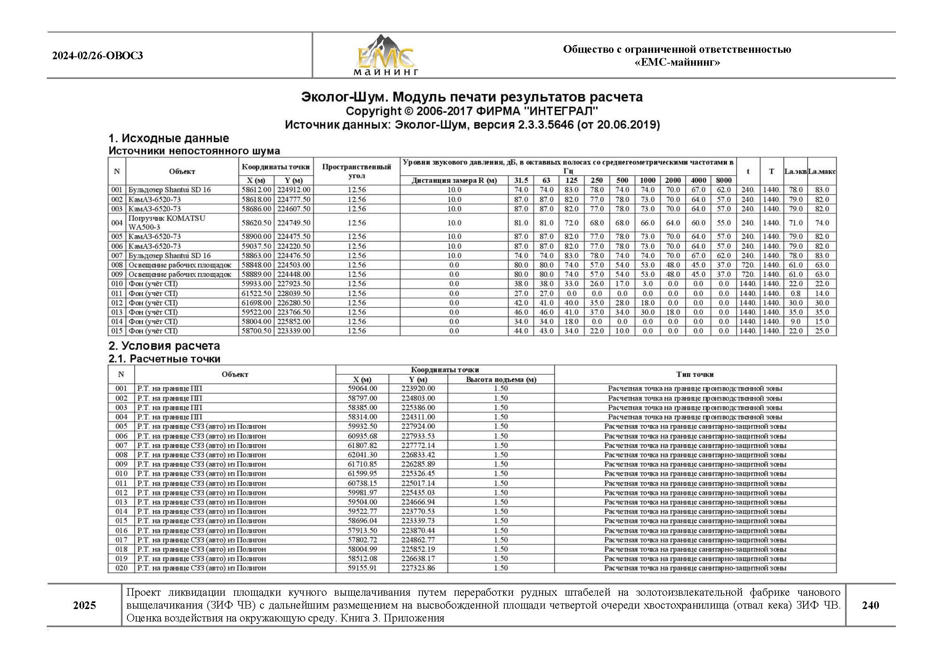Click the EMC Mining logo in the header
[385, 56]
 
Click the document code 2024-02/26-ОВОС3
[97, 56]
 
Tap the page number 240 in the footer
[870, 605]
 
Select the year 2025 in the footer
[84, 605]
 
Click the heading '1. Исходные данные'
[169, 138]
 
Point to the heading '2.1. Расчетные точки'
[164, 359]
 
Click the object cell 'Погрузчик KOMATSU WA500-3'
[167, 223]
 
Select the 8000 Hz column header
[723, 180]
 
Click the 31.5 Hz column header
[521, 180]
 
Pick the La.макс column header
[821, 172]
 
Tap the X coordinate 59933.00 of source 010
[256, 284]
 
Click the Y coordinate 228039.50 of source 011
[294, 293]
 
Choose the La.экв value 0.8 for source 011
[795, 293]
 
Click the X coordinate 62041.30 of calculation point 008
[362, 455]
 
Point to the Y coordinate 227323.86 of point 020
[418, 568]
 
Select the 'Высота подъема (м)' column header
[501, 380]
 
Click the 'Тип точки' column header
[695, 375]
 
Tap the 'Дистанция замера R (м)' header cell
[454, 180]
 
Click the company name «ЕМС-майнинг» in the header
[677, 62]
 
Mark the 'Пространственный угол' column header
[356, 172]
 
